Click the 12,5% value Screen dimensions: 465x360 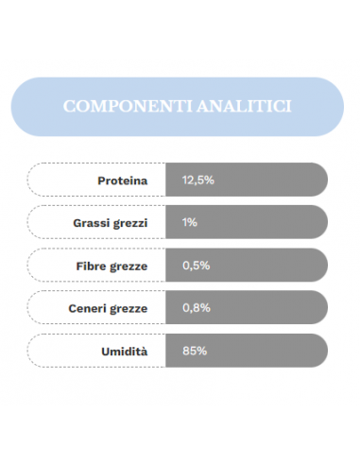(193, 180)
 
